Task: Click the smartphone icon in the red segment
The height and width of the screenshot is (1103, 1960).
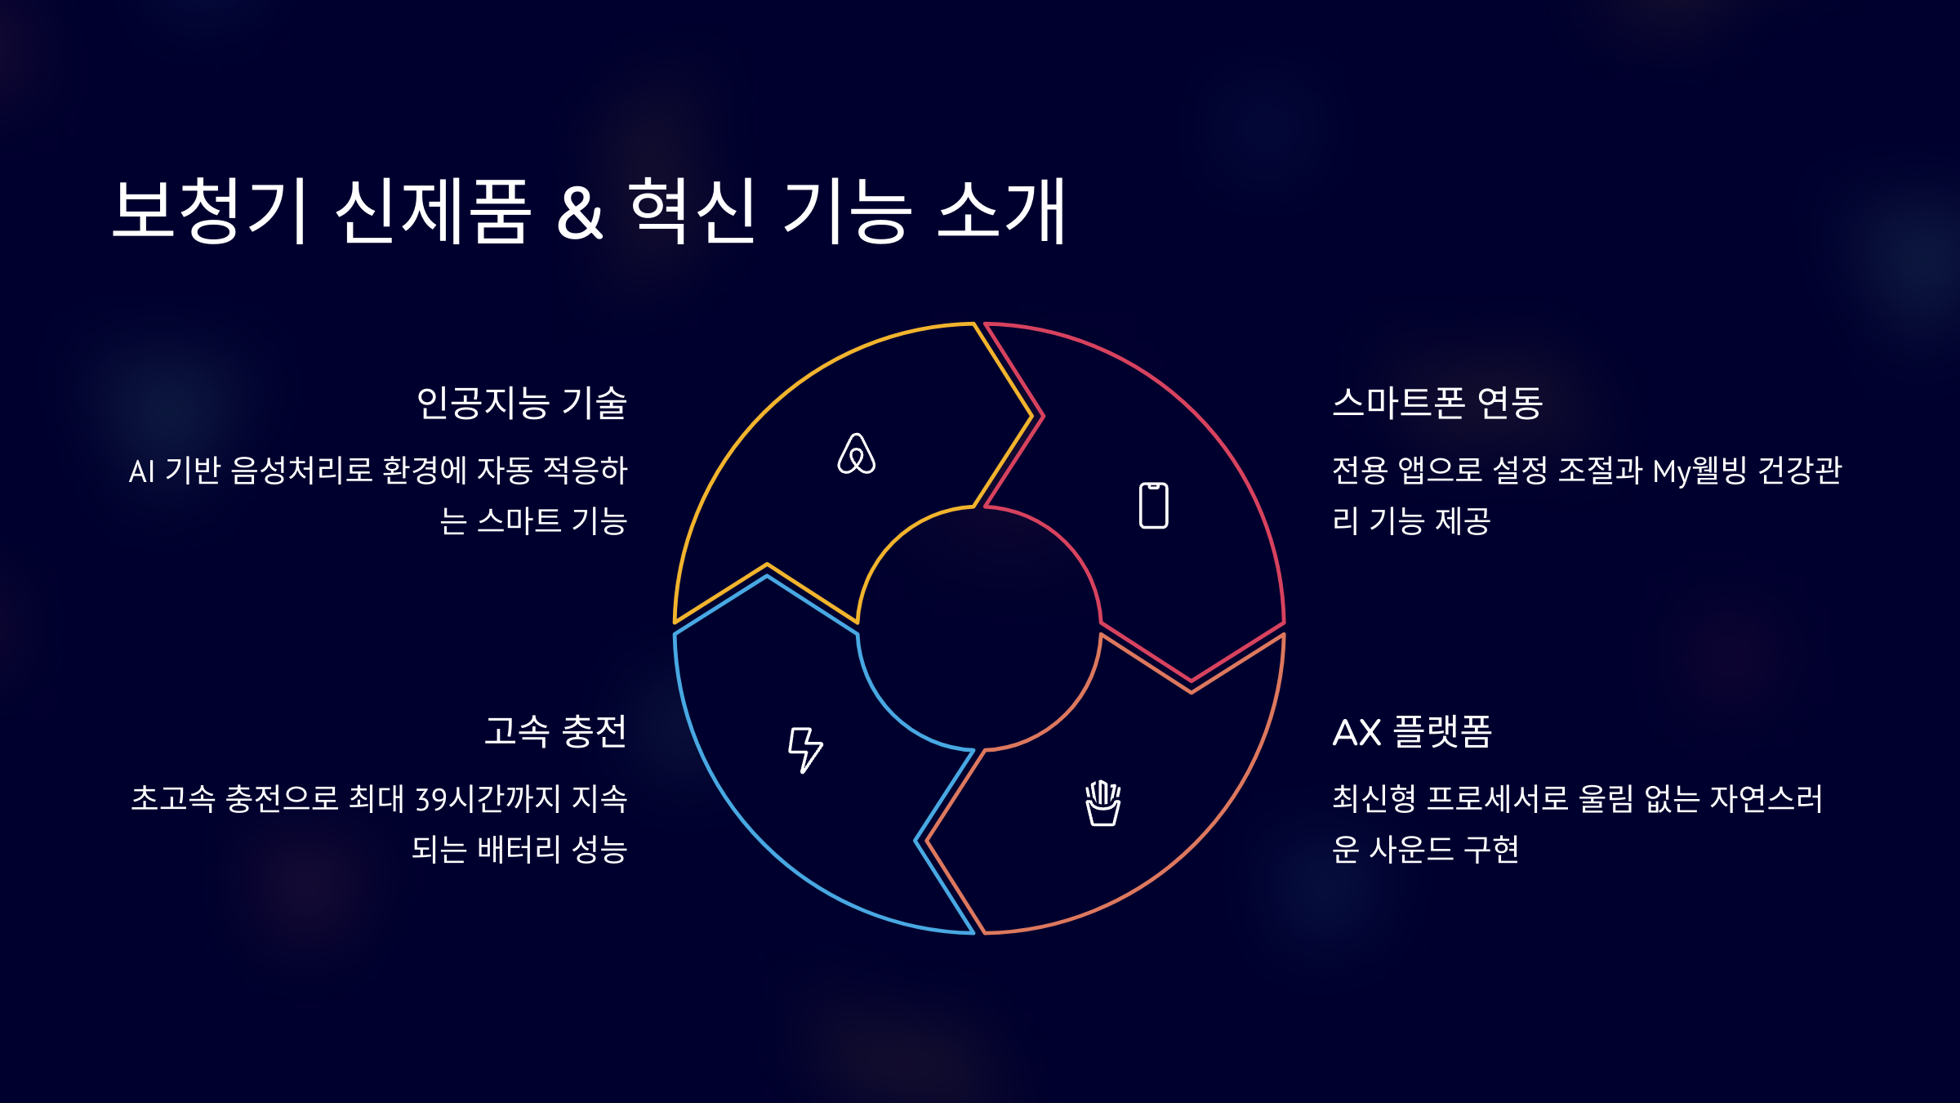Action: click(x=1153, y=506)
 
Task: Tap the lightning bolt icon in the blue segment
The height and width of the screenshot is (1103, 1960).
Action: click(x=804, y=748)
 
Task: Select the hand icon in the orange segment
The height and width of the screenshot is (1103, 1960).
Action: click(x=1102, y=803)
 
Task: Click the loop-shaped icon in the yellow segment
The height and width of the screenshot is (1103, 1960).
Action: click(x=856, y=454)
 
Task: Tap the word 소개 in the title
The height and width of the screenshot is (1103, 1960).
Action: click(x=1002, y=211)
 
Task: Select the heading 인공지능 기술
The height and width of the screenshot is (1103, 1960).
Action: click(x=521, y=403)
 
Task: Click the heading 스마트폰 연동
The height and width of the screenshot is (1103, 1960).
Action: click(x=1437, y=403)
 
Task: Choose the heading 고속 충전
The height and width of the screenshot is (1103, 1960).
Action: click(x=555, y=731)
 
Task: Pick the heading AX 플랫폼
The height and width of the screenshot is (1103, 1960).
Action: click(x=1412, y=731)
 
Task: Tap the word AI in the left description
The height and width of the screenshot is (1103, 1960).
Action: click(x=141, y=471)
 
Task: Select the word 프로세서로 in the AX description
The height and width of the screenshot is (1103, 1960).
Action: click(x=1497, y=799)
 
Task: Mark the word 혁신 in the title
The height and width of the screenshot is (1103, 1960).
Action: click(x=693, y=211)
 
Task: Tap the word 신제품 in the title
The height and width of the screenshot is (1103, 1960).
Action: click(x=434, y=211)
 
